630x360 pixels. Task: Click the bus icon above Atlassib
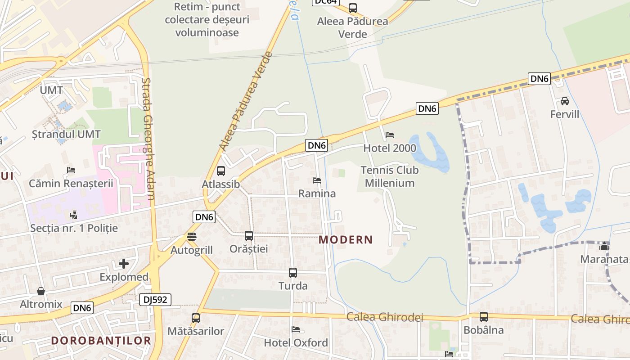(x=221, y=171)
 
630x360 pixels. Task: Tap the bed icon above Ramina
(x=317, y=180)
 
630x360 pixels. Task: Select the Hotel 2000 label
(x=390, y=148)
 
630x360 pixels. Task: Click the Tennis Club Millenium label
(x=390, y=176)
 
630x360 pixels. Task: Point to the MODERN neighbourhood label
(x=346, y=240)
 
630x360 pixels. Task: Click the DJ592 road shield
(x=155, y=300)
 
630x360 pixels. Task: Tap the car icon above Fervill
(x=565, y=101)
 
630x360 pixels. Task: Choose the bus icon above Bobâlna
(x=484, y=317)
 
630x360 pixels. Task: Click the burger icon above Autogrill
(x=192, y=237)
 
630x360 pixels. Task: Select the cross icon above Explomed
(x=124, y=264)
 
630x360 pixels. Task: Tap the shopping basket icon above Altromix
(x=41, y=291)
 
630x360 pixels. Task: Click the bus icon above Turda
(x=293, y=273)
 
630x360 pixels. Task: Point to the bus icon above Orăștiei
(x=249, y=235)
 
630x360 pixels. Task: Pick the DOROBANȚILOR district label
(x=101, y=341)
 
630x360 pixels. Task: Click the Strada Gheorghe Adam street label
(x=148, y=139)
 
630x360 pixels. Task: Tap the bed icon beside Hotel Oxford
(x=296, y=329)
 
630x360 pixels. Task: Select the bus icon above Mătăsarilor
(x=196, y=318)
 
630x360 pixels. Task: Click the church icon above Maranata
(x=604, y=246)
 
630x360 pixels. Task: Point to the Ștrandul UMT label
(x=66, y=134)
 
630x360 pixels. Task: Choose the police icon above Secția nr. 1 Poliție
(x=73, y=215)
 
